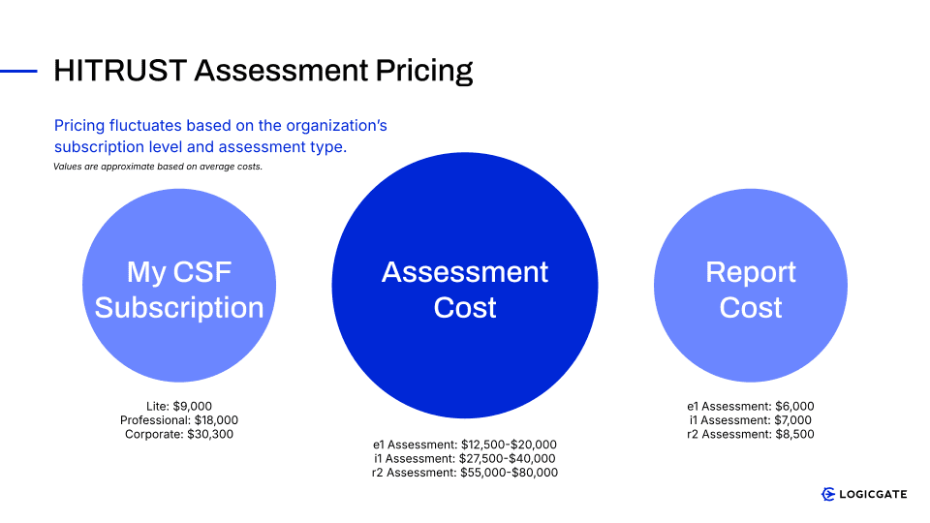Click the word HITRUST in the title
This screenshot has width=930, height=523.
coord(120,71)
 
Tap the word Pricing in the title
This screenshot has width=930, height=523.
coord(424,72)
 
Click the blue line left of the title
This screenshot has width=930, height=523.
coord(18,71)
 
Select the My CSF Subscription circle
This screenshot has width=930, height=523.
coord(179,285)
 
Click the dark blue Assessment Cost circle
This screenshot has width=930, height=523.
coord(465,285)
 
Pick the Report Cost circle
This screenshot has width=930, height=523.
coord(751,285)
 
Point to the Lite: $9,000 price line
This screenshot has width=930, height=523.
coord(179,406)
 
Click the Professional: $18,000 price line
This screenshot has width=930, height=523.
coord(179,420)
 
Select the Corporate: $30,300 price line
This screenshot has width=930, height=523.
coord(179,434)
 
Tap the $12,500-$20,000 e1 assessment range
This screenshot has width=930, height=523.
coord(509,445)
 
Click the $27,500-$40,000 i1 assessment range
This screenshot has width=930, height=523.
coord(507,458)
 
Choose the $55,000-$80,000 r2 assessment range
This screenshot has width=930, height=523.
coord(510,473)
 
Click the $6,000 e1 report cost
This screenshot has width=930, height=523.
coord(794,406)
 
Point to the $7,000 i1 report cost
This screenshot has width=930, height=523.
coord(792,420)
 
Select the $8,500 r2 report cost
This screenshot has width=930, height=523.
coord(794,434)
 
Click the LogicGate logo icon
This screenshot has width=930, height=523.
coord(828,494)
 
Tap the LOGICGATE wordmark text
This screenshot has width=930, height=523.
coord(873,494)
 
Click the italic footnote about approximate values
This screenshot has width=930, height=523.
coord(158,167)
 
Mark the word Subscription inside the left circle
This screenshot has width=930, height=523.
coord(179,308)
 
